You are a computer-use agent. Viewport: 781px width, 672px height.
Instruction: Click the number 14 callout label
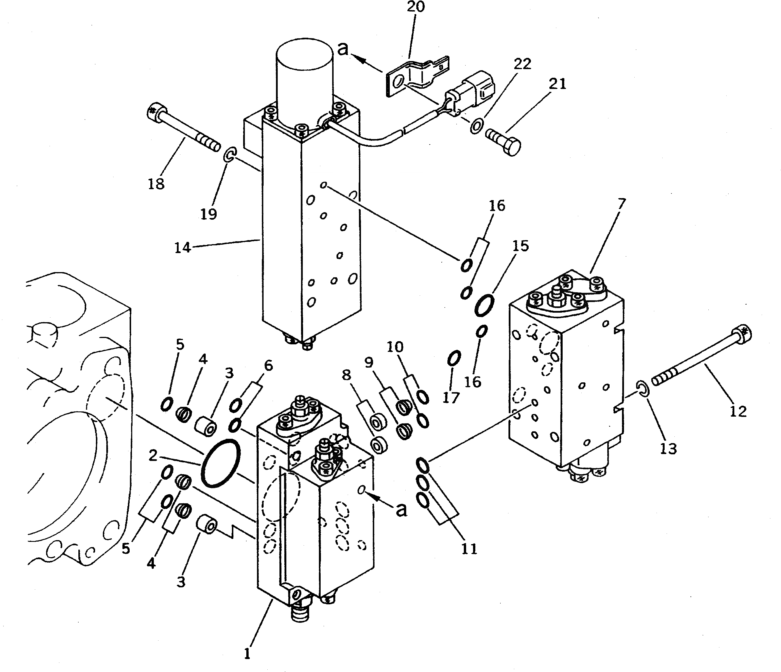(x=182, y=248)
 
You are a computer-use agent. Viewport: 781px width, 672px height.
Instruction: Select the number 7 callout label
(x=621, y=204)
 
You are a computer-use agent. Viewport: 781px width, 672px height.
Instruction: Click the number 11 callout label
(x=469, y=549)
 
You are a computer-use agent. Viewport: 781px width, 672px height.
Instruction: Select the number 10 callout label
(x=395, y=347)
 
